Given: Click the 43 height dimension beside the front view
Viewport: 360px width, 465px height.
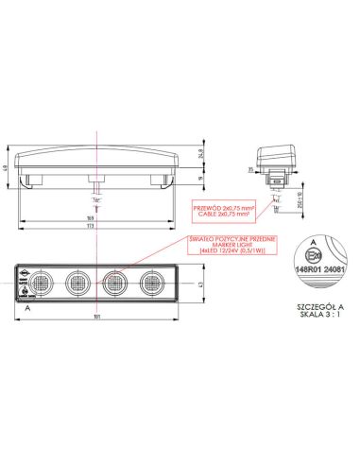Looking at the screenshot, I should tap(207, 283).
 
